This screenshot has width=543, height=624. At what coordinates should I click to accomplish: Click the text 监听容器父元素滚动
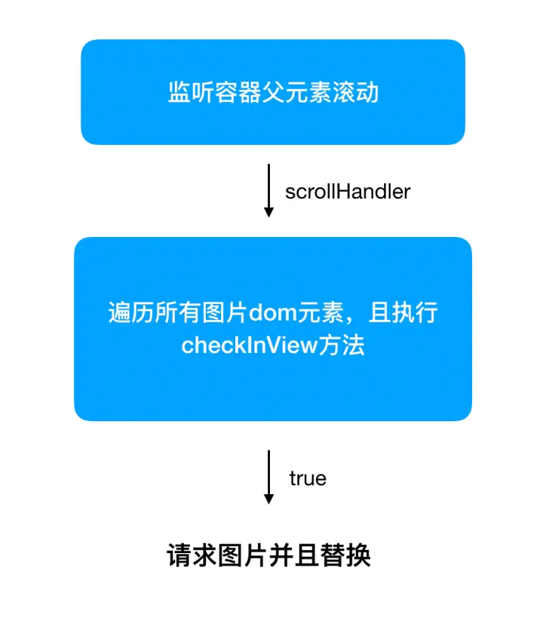pyautogui.click(x=272, y=93)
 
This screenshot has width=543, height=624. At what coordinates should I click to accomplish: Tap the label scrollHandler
pyautogui.click(x=348, y=192)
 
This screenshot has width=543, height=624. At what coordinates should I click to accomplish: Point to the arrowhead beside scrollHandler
pyautogui.click(x=268, y=213)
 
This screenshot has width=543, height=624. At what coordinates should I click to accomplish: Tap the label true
pyautogui.click(x=308, y=478)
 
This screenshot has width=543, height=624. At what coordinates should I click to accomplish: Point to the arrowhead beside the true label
pyautogui.click(x=268, y=499)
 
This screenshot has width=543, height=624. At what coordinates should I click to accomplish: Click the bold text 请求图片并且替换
pyautogui.click(x=268, y=557)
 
